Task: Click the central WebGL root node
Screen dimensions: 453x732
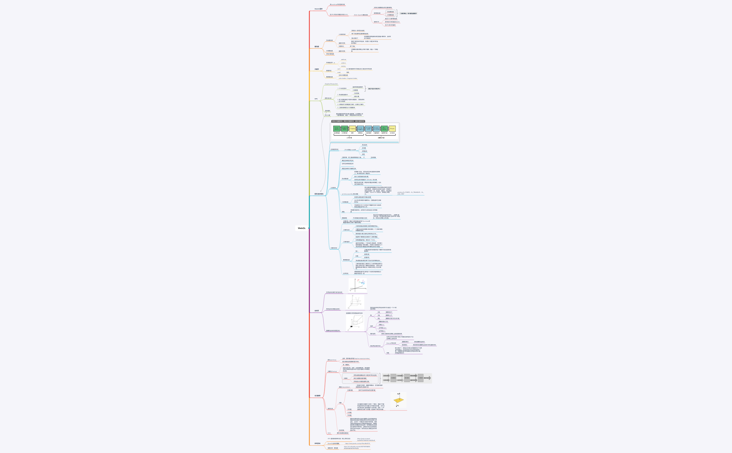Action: (302, 228)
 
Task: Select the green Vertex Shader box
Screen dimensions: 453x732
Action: (337, 129)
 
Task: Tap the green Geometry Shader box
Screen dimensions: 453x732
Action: (344, 129)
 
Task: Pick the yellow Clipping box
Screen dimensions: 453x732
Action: (352, 129)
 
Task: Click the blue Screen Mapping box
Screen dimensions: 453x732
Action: (360, 129)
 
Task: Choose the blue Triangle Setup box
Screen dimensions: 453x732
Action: (368, 129)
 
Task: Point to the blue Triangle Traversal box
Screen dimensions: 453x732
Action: (376, 129)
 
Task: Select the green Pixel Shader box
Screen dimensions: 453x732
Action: (384, 129)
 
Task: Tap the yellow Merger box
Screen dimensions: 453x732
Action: (392, 129)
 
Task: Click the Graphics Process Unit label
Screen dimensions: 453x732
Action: (331, 84)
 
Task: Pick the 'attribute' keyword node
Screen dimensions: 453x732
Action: (344, 60)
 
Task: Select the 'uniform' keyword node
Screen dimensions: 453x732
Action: (344, 63)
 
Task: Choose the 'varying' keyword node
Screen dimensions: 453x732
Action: (343, 66)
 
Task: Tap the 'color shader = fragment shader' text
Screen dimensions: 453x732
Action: (348, 78)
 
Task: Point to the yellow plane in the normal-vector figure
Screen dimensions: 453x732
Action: (399, 400)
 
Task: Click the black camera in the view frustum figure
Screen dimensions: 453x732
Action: (351, 326)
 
